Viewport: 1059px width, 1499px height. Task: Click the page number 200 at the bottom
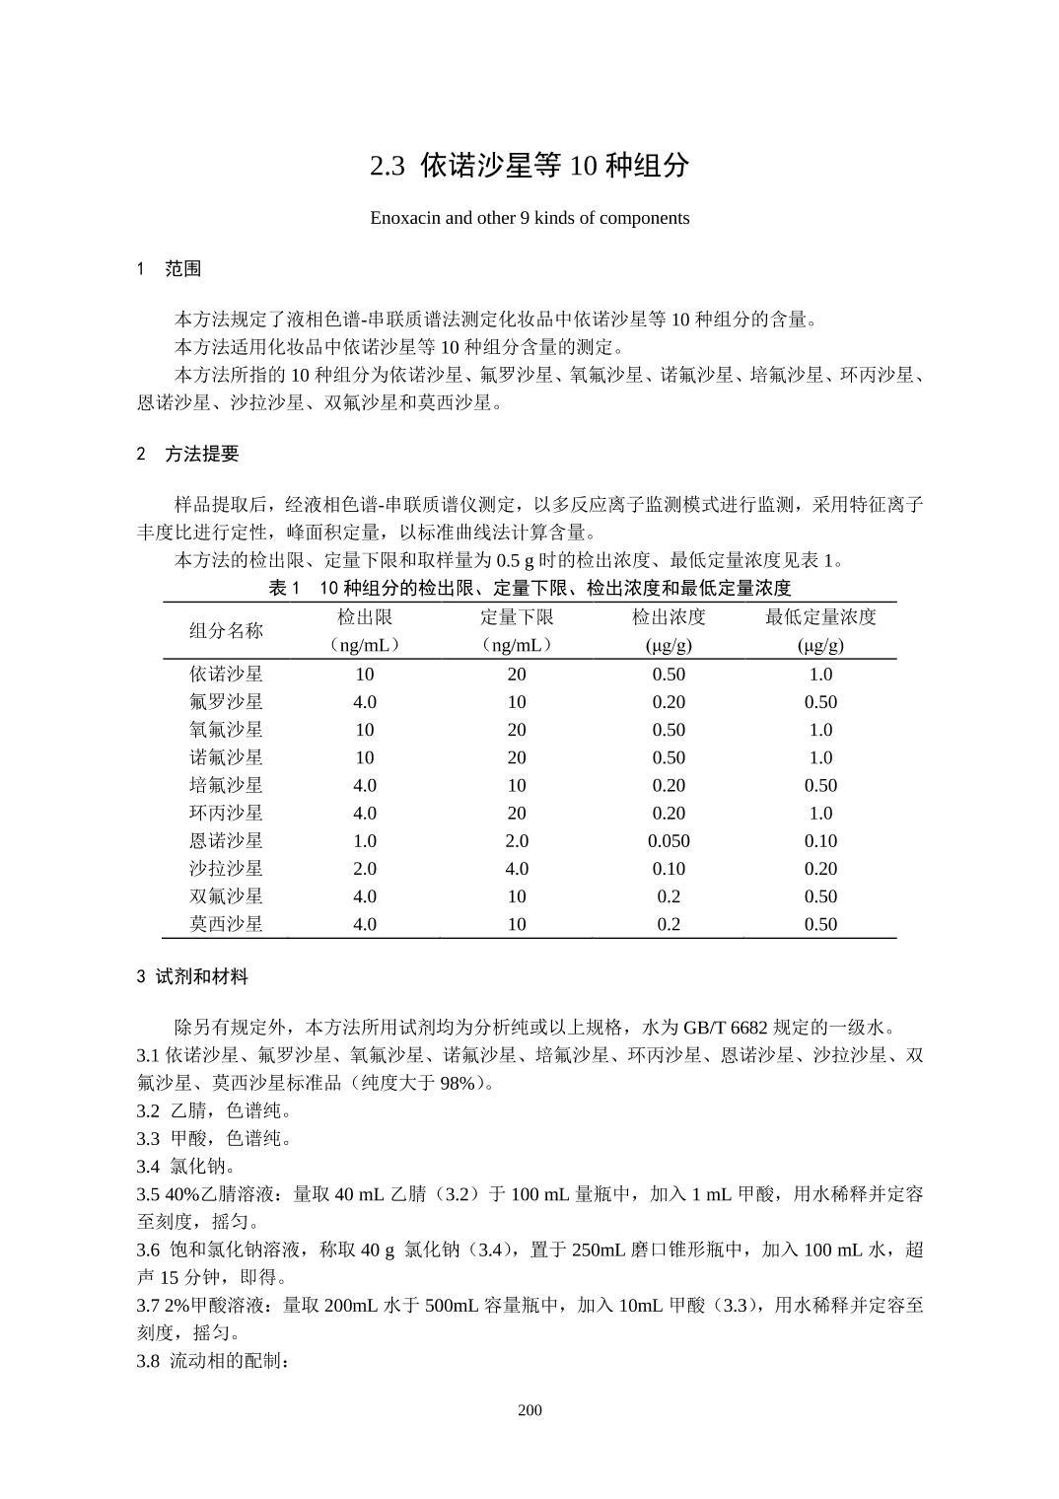(529, 1409)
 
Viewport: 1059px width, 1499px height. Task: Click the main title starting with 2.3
(529, 166)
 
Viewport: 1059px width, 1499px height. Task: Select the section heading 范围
(182, 269)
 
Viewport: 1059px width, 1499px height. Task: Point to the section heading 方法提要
(201, 454)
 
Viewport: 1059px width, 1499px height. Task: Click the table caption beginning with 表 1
(529, 588)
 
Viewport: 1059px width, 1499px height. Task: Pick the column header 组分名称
(226, 630)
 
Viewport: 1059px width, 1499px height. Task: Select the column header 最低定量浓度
(820, 617)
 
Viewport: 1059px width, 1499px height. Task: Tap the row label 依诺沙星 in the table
(226, 675)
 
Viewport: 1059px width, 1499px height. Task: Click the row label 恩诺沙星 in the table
(226, 841)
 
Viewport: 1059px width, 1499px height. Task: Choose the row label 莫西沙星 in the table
(226, 924)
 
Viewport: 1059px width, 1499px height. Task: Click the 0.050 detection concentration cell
(669, 841)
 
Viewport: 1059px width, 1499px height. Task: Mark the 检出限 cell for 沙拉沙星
(365, 869)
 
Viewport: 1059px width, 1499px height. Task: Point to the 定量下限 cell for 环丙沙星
(517, 814)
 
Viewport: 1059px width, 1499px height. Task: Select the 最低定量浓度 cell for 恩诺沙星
(820, 841)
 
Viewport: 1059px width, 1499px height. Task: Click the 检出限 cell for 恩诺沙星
(365, 841)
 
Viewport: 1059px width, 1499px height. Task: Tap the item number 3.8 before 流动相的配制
(148, 1362)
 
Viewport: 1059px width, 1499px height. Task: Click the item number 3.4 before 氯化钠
(148, 1167)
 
